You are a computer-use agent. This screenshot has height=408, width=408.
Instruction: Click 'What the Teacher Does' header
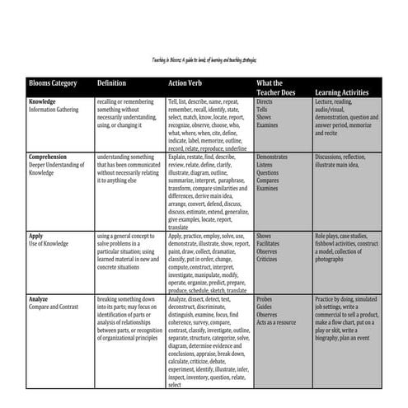[x=276, y=88]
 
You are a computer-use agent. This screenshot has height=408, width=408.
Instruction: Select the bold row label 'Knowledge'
[x=42, y=101]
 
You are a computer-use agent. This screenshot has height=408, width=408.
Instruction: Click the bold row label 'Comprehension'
[x=48, y=156]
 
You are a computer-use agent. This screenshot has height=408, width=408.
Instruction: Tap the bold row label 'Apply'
[x=36, y=235]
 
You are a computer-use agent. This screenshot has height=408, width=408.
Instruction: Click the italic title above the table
[x=204, y=61]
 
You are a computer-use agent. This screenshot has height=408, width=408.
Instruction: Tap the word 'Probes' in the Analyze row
[x=265, y=298]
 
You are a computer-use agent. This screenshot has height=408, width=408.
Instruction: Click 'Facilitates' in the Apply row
[x=270, y=243]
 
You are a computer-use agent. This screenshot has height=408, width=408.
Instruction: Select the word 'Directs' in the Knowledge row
[x=265, y=101]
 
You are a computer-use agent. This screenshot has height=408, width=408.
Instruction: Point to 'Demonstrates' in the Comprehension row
[x=272, y=157]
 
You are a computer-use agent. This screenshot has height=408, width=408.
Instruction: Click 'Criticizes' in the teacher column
[x=269, y=259]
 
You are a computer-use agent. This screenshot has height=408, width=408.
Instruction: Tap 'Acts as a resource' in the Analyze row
[x=278, y=321]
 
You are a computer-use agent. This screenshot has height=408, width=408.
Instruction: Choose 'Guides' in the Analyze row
[x=265, y=306]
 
